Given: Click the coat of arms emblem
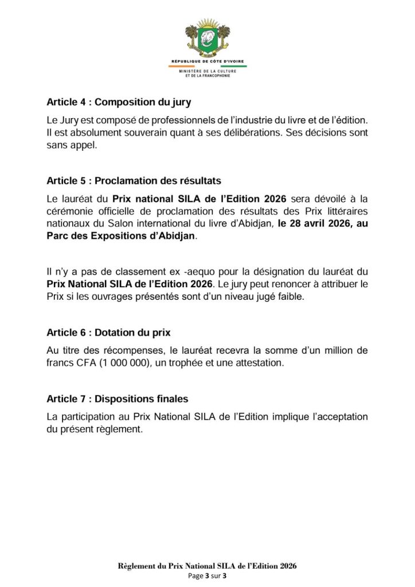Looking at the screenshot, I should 207,38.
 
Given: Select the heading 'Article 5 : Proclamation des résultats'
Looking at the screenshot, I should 134,181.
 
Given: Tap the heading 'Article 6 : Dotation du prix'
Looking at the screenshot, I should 108,332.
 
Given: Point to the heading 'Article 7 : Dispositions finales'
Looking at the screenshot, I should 118,398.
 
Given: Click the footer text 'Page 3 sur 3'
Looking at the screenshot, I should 207,576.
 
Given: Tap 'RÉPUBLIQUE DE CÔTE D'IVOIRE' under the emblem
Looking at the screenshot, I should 207,61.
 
